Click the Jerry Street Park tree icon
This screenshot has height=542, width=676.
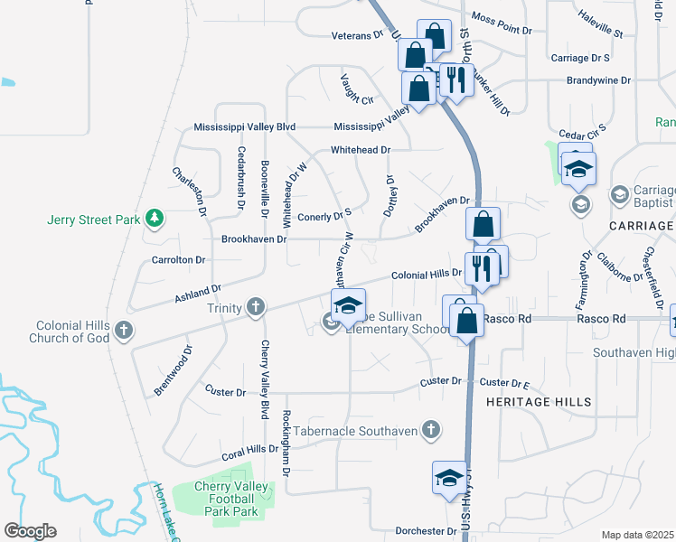coord(155,218)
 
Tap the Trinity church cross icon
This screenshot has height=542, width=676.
coord(256,308)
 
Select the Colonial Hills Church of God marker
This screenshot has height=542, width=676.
coord(123,332)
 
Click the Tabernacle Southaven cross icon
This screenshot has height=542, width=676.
coord(432,430)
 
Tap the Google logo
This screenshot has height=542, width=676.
coord(30,531)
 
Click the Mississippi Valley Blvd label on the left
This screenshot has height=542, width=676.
coord(244,127)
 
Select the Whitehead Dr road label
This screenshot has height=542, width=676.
coord(360,150)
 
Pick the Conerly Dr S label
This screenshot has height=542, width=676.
coord(324,217)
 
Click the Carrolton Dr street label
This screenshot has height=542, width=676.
coord(180,259)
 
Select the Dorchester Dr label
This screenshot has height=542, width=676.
coord(427,531)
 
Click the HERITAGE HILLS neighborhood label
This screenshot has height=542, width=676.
coord(539,401)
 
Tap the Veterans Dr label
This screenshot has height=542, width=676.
coord(357,35)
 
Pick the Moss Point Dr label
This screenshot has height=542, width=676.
coord(502,23)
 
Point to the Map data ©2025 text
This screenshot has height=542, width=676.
coord(638,535)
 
